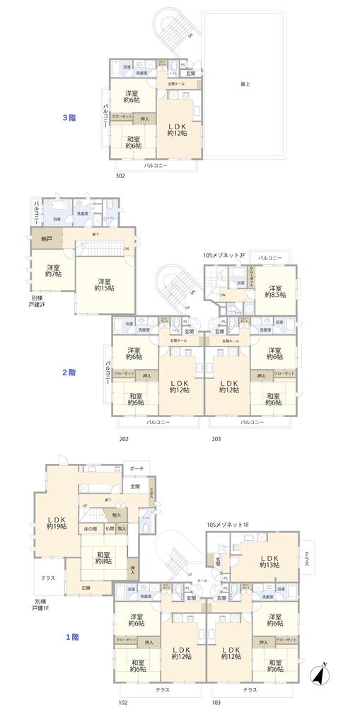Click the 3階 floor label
tap(69, 118)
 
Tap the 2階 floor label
tap(69, 372)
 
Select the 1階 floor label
tap(72, 637)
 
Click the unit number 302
tap(120, 177)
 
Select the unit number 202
tap(124, 439)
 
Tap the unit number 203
tap(216, 439)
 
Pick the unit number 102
tap(123, 703)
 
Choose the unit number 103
tap(216, 703)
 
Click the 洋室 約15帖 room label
tap(106, 284)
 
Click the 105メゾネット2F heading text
tap(223, 255)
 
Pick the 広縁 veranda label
tap(86, 588)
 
